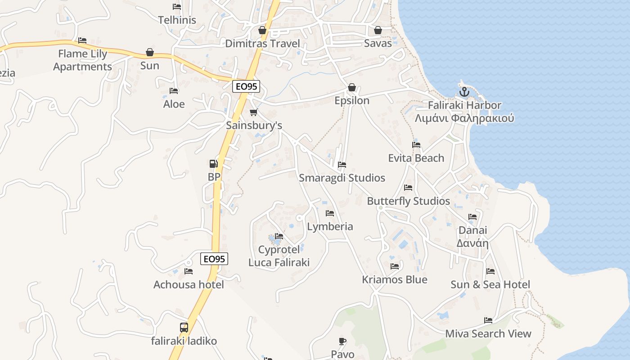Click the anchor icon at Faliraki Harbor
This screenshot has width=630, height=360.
pyautogui.click(x=464, y=92)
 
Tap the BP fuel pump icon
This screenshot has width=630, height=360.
pyautogui.click(x=214, y=164)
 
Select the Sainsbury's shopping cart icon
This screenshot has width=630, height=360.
pyautogui.click(x=254, y=112)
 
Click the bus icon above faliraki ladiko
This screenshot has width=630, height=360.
pyautogui.click(x=184, y=327)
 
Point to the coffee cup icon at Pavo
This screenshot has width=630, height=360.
pyautogui.click(x=342, y=341)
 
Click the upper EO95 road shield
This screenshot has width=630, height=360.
pyautogui.click(x=246, y=86)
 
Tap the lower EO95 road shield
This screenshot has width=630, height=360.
pyautogui.click(x=214, y=259)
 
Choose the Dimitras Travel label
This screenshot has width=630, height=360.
pyautogui.click(x=262, y=44)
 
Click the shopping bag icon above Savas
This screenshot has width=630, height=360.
pyautogui.click(x=378, y=30)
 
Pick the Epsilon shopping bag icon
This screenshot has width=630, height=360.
pyautogui.click(x=352, y=87)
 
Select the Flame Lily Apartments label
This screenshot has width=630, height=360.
pyautogui.click(x=83, y=60)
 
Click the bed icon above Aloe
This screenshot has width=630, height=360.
pyautogui.click(x=174, y=91)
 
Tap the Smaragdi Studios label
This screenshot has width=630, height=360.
pyautogui.click(x=342, y=178)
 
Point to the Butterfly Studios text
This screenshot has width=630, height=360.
pyautogui.click(x=408, y=201)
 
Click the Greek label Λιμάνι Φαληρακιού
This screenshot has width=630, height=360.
pyautogui.click(x=464, y=118)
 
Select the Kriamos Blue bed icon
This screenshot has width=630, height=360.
pyautogui.click(x=395, y=266)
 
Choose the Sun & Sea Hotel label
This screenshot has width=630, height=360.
pyautogui.click(x=490, y=284)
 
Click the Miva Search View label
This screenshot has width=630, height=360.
pyautogui.click(x=488, y=334)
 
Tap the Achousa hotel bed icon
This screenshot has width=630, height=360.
pyautogui.click(x=189, y=271)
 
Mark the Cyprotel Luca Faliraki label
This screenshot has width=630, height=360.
pyautogui.click(x=279, y=256)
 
